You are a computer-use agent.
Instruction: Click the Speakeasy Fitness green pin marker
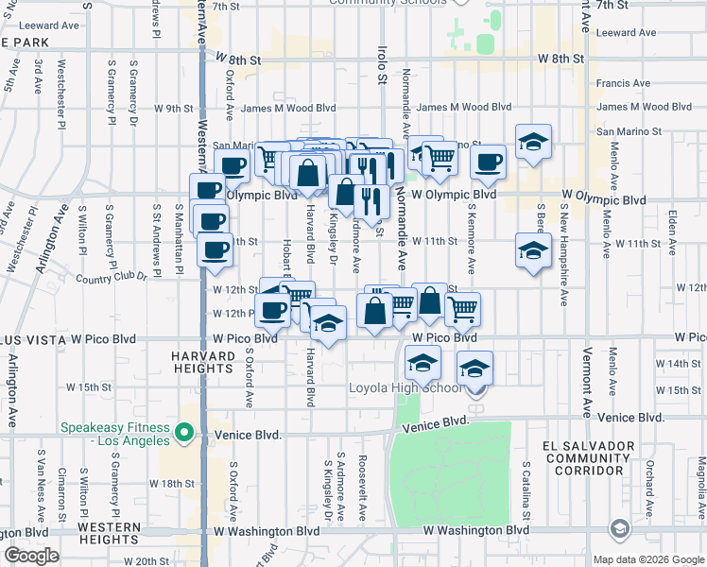pyautogui.click(x=185, y=435)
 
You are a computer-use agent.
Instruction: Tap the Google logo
pyautogui.click(x=31, y=556)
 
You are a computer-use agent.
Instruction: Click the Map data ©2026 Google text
pyautogui.click(x=647, y=559)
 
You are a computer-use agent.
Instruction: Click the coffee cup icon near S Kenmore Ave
pyautogui.click(x=489, y=162)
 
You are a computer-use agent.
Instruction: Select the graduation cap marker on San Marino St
pyautogui.click(x=533, y=143)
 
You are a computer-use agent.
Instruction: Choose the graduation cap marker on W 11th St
pyautogui.click(x=533, y=250)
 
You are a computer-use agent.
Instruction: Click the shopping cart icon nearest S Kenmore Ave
pyautogui.click(x=462, y=308)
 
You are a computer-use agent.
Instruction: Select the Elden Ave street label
pyautogui.click(x=672, y=231)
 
